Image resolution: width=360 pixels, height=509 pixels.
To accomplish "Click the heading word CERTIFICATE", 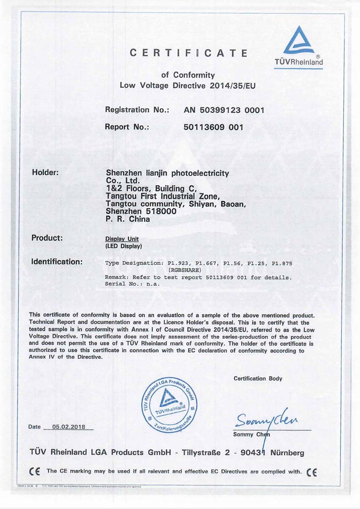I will pos(188,53).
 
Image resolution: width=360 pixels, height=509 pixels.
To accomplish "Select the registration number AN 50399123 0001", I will pos(224,110).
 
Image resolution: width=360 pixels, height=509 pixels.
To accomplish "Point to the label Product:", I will pos(47,238).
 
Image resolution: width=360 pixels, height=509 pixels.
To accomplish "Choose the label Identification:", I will pos(57,261).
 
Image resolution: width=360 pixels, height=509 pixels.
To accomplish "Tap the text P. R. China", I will pos(127,219).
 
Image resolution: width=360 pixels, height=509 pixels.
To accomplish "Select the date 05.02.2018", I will pos(69,427).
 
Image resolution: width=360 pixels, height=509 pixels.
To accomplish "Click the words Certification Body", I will pos(258,379).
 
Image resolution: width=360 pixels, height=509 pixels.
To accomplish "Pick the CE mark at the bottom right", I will pos(311,471).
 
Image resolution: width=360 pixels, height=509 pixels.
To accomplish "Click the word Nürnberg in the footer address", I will pos(284,453).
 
